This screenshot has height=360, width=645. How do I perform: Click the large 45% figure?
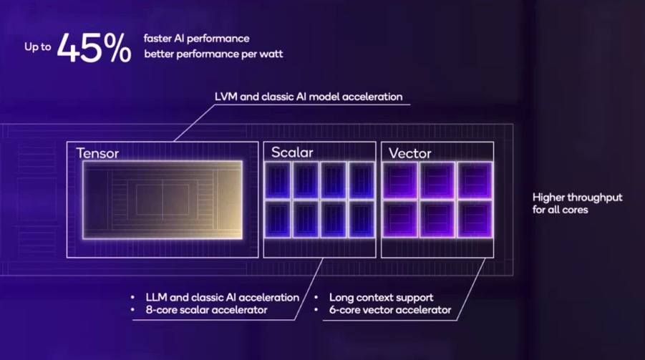tap(94, 48)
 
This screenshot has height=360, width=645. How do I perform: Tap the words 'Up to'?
tap(38, 47)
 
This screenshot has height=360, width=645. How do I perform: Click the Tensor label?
tap(97, 153)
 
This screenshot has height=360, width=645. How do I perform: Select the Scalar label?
tap(292, 152)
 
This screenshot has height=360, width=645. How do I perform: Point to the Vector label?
tap(410, 153)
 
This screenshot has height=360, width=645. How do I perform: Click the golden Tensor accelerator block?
tap(163, 200)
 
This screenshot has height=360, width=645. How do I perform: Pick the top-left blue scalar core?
tap(278, 180)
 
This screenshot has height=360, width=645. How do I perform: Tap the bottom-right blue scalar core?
tap(362, 219)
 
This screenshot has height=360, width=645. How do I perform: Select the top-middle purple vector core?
tap(437, 180)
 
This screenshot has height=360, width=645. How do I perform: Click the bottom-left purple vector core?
tap(400, 219)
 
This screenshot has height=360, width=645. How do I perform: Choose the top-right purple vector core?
tap(475, 180)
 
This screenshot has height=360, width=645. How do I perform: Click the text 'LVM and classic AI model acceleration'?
tap(309, 97)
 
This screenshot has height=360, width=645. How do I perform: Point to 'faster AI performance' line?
tap(197, 39)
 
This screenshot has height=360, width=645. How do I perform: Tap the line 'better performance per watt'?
tap(213, 54)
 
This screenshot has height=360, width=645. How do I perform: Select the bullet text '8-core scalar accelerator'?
tap(206, 310)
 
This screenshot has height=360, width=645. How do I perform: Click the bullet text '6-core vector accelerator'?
tap(390, 310)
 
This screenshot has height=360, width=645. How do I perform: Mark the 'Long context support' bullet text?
tap(382, 298)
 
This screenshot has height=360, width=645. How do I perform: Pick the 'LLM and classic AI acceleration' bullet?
tap(223, 298)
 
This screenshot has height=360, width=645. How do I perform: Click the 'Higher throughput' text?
tap(578, 198)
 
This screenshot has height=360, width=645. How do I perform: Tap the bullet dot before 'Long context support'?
tap(316, 297)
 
